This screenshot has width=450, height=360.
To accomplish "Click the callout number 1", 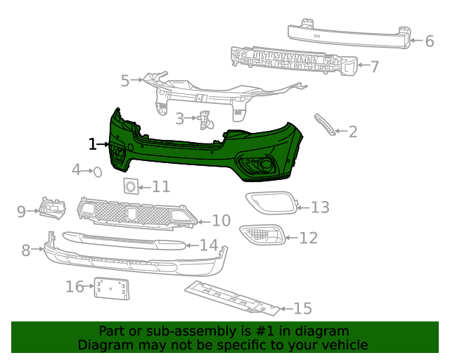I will pyautogui.click(x=92, y=144).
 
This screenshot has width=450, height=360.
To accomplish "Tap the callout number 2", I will pyautogui.click(x=353, y=131).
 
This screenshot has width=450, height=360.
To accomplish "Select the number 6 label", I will pyautogui.click(x=429, y=41).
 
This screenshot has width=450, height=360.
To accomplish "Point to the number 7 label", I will pyautogui.click(x=374, y=67).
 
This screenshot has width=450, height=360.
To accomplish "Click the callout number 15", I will pyautogui.click(x=302, y=308).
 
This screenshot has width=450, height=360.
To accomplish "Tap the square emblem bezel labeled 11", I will pyautogui.click(x=130, y=186).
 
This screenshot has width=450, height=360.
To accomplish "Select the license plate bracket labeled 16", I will pyautogui.click(x=112, y=288).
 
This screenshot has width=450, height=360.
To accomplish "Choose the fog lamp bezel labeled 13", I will pyautogui.click(x=271, y=203).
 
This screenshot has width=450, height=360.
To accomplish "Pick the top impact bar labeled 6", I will pyautogui.click(x=348, y=35).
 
